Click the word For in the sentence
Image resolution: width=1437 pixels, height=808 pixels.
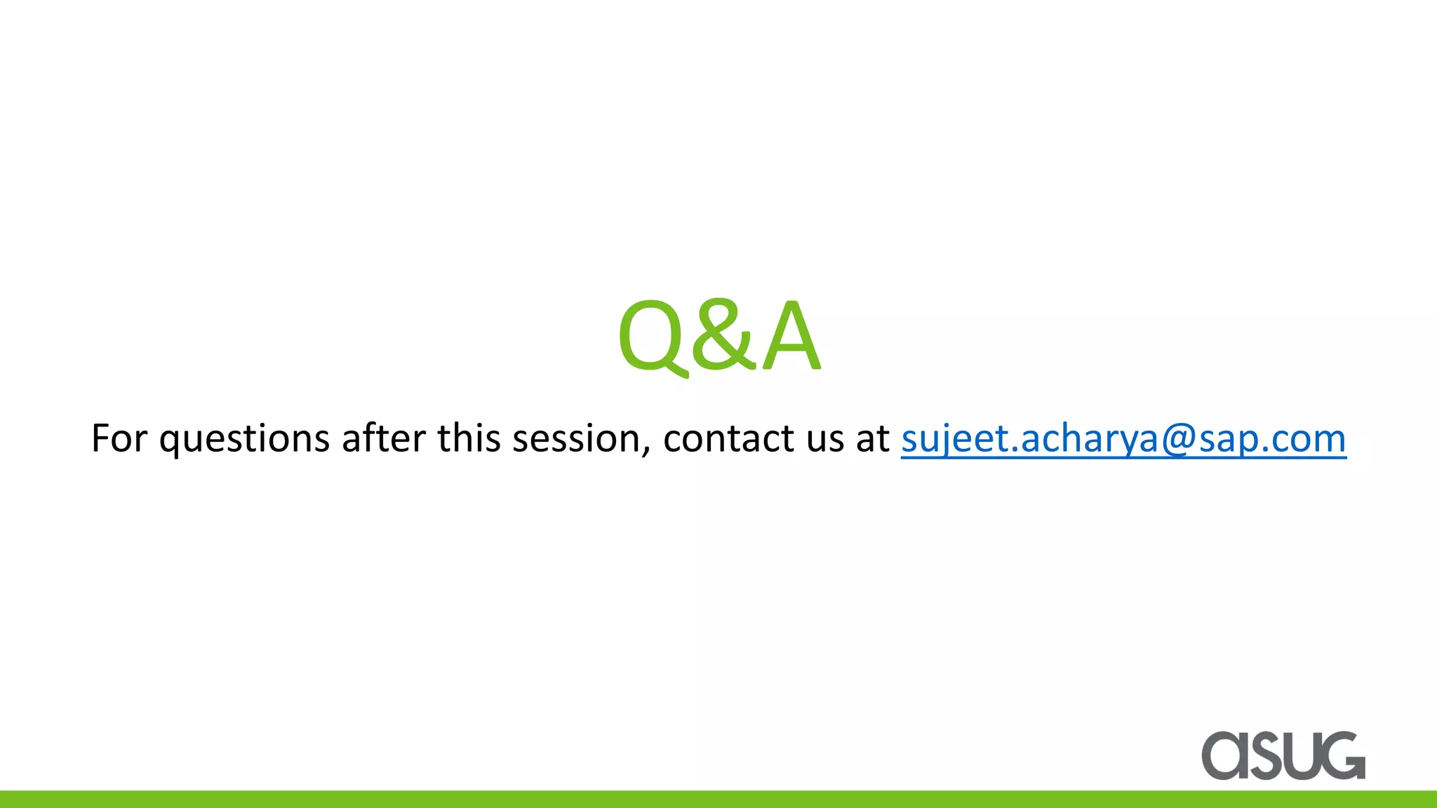119,438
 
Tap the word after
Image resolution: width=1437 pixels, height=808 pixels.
383,438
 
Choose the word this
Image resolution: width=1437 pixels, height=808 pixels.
469,438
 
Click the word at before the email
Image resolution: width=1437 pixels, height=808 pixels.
872,439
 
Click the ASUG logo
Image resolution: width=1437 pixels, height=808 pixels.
1283,755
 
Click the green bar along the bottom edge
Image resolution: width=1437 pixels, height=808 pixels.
718,800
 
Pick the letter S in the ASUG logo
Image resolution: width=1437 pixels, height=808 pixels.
1264,756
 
